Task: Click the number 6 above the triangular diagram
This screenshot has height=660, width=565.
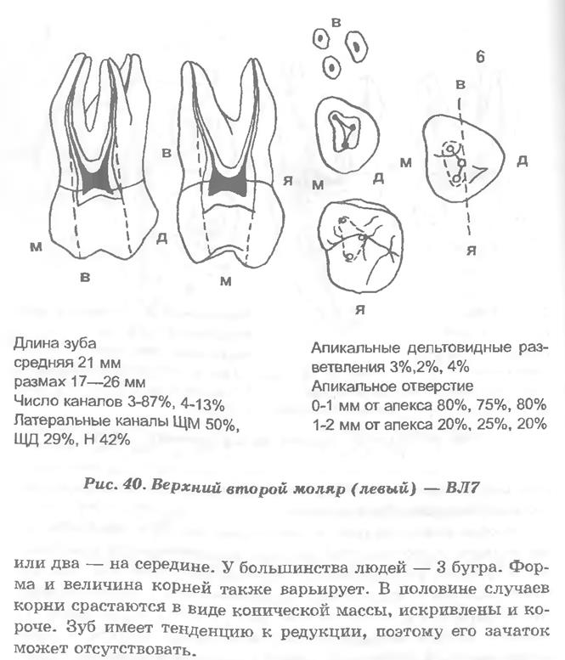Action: pyautogui.click(x=480, y=58)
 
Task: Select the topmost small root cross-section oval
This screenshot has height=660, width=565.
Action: pyautogui.click(x=321, y=37)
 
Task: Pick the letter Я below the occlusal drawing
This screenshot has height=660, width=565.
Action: pyautogui.click(x=359, y=307)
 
